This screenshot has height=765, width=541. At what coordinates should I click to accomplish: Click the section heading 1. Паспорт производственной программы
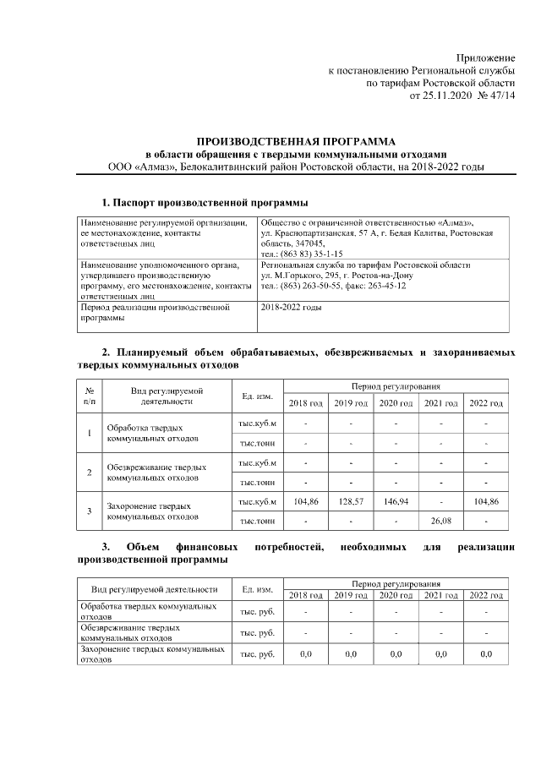pos(205,203)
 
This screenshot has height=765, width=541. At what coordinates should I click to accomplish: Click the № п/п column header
pos(90,395)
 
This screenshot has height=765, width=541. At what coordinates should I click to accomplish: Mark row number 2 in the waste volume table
pos(90,472)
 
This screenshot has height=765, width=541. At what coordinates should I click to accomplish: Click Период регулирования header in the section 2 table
pos(396,385)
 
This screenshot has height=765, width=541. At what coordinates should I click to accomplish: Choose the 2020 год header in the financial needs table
pos(395,596)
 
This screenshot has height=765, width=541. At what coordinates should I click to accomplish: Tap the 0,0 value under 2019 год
pos(350,653)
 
